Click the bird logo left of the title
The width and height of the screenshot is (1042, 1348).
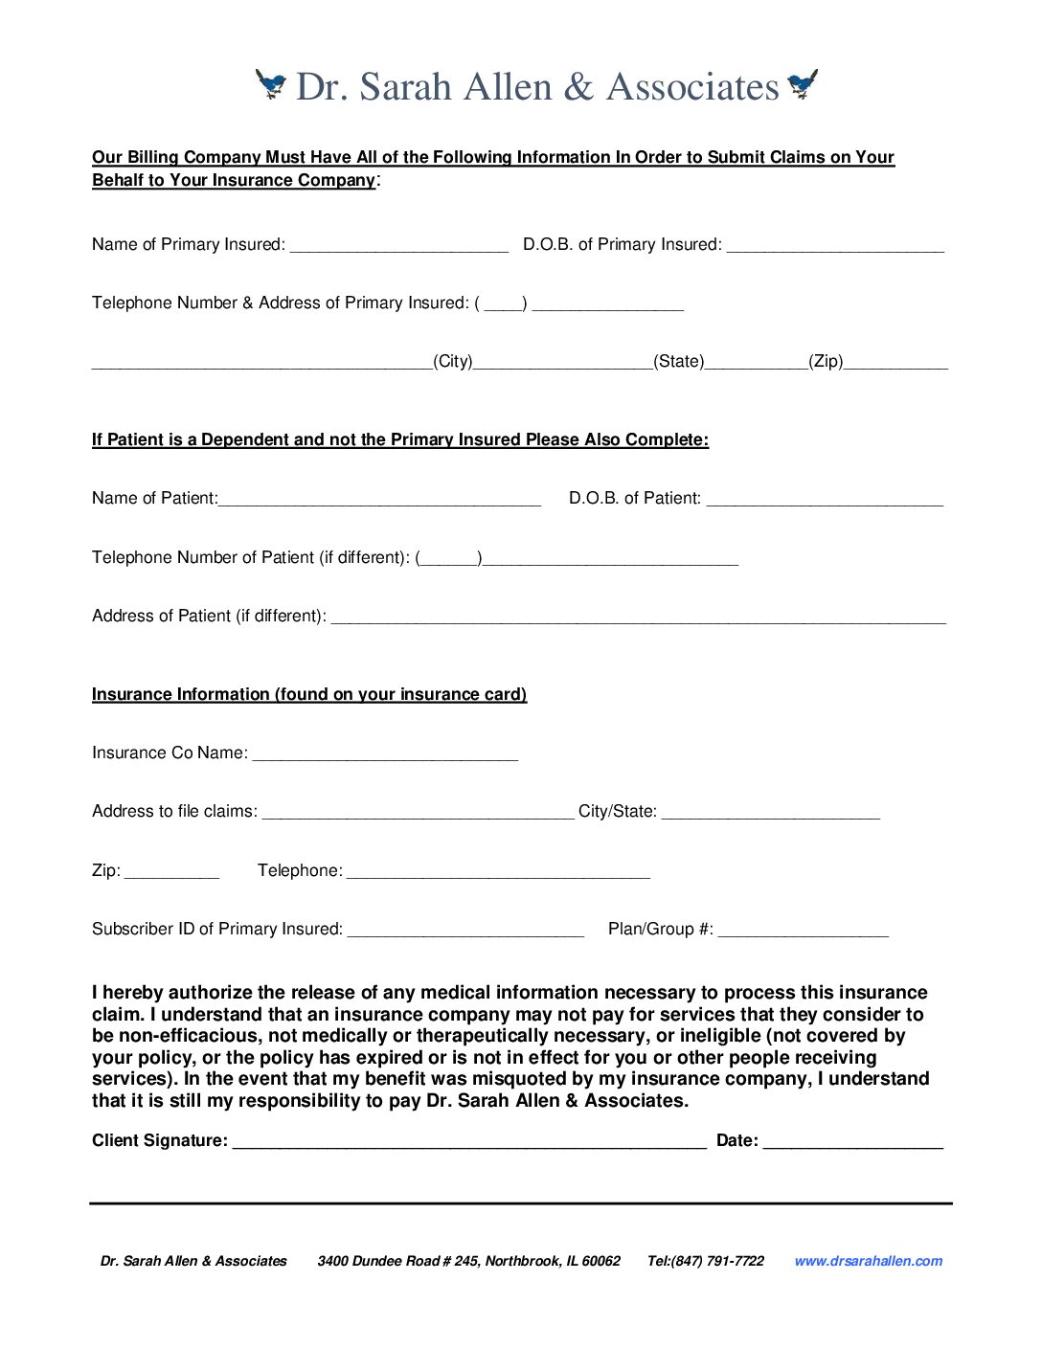[271, 84]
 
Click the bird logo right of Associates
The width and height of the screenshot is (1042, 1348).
[803, 84]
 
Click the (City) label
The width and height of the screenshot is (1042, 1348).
[453, 362]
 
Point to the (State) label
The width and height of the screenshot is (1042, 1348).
[679, 362]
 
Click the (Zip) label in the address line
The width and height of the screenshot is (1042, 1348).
[826, 362]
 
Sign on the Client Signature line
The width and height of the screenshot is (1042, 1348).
[469, 1143]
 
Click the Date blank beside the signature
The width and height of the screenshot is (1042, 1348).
[853, 1143]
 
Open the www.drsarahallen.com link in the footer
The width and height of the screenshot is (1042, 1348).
[868, 1261]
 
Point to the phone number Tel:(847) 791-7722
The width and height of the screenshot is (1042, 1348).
[706, 1261]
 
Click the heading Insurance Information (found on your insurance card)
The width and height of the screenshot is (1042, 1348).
[309, 694]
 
